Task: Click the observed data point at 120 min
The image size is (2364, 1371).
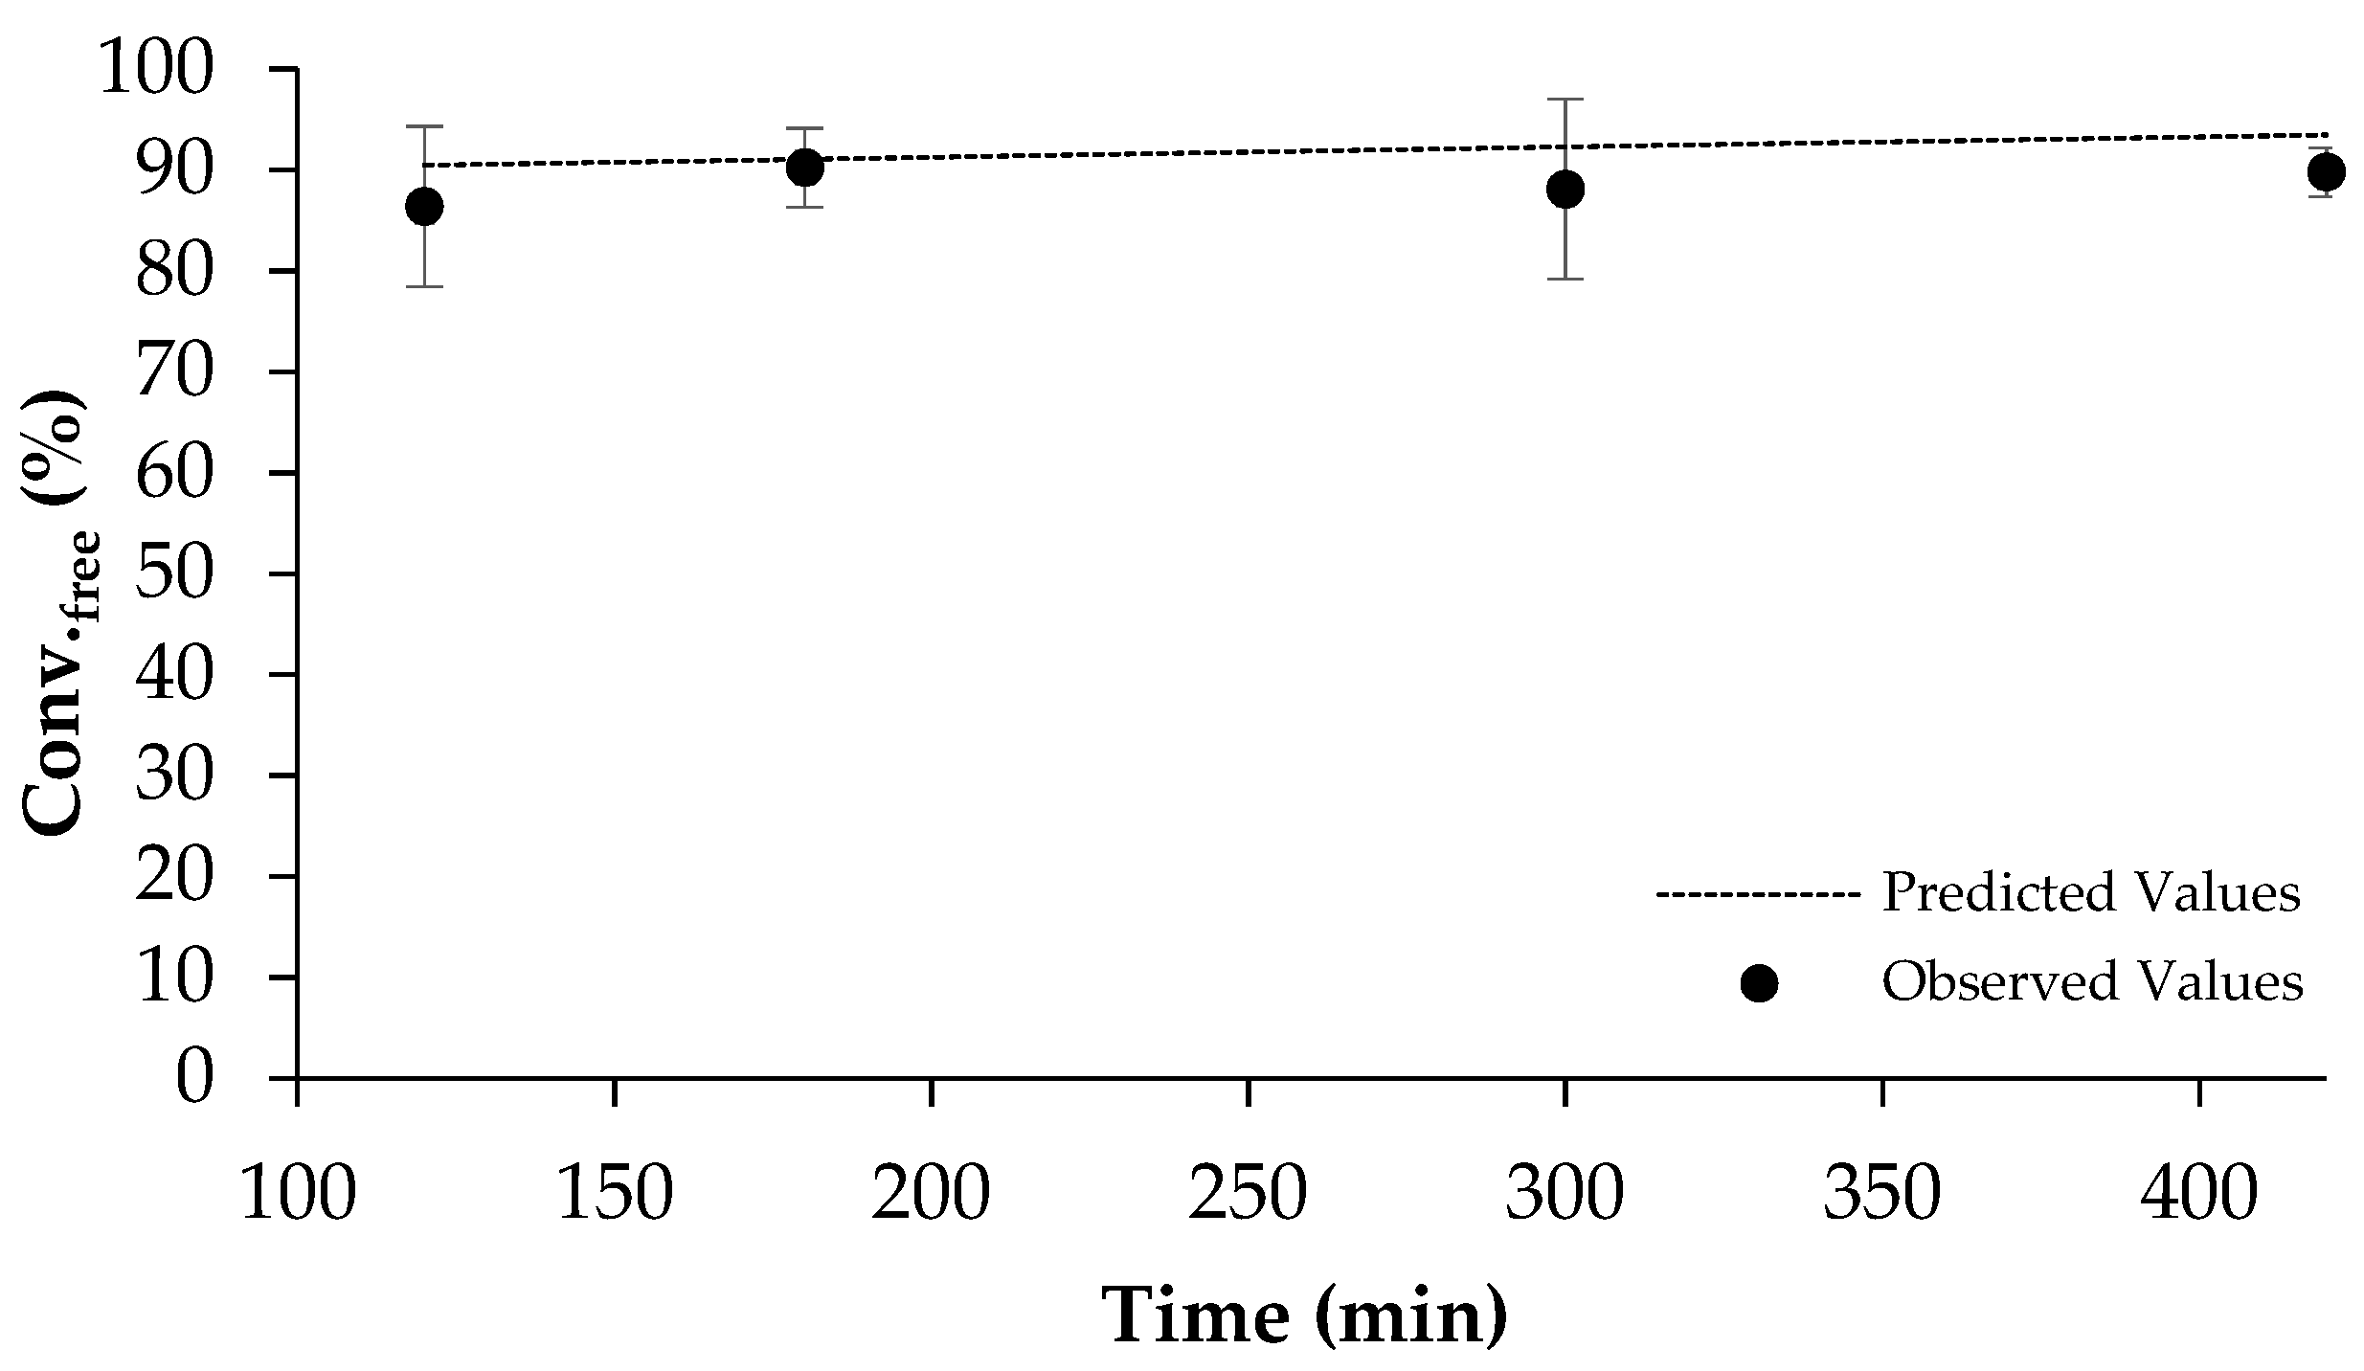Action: click(x=424, y=206)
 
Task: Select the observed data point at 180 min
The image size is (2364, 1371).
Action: click(x=804, y=169)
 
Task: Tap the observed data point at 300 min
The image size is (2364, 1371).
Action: click(x=1565, y=189)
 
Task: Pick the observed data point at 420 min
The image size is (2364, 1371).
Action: click(x=2326, y=172)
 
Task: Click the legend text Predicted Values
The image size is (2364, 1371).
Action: click(x=2090, y=892)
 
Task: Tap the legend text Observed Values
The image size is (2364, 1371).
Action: click(x=2092, y=981)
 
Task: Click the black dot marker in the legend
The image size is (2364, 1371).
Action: click(x=1759, y=983)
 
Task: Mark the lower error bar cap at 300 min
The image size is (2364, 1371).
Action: click(x=1565, y=279)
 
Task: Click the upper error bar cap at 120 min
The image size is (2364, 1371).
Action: click(x=424, y=125)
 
